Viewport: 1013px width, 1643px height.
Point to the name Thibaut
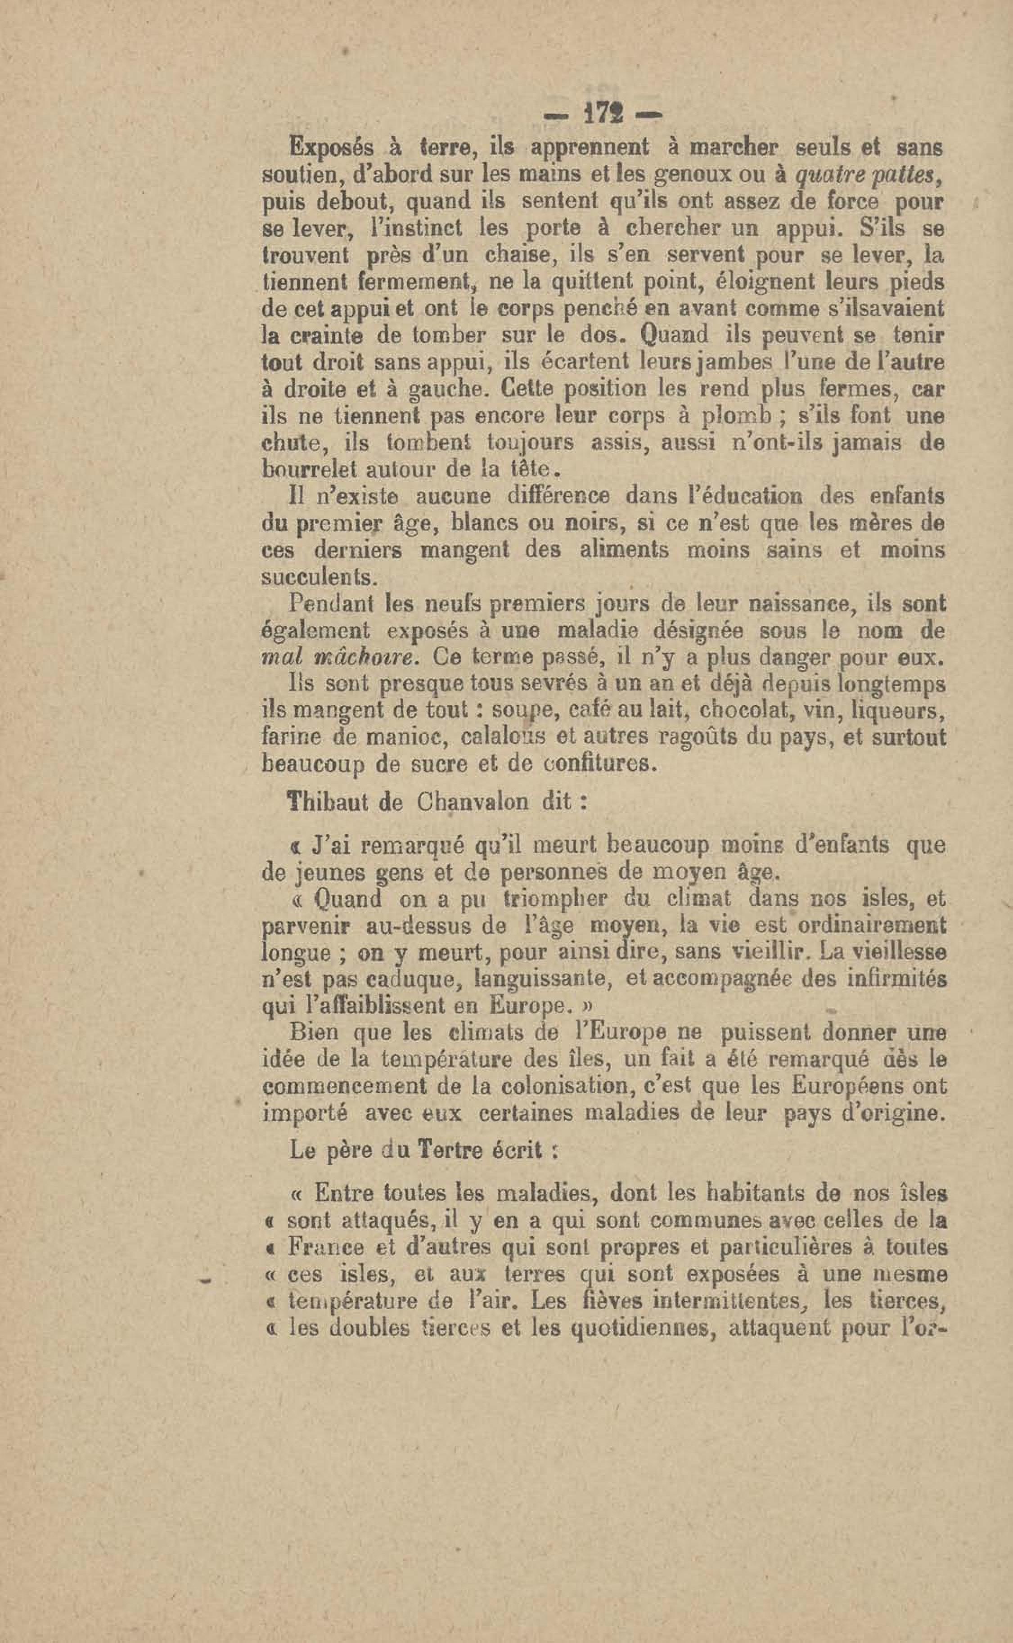point(327,803)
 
